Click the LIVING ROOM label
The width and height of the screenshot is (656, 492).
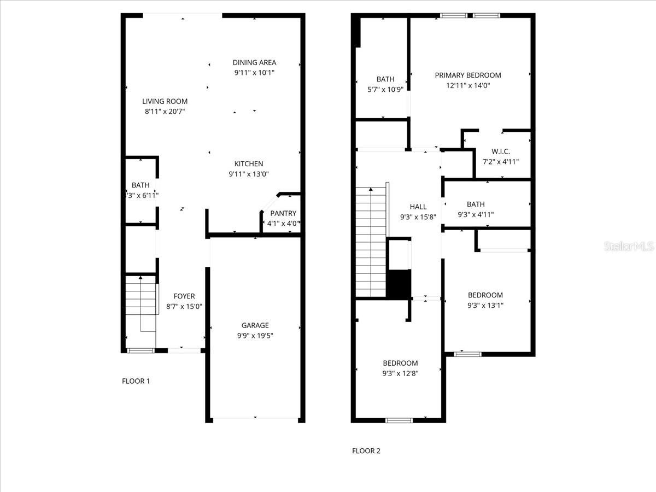coord(165,101)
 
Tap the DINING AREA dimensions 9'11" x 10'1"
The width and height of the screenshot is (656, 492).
coord(254,73)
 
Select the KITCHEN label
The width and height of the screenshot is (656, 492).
coord(249,163)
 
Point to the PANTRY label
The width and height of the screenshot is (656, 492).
coord(283,213)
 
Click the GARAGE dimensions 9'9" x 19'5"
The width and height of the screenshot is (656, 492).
coord(255,336)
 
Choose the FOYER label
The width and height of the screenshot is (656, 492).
coord(184,296)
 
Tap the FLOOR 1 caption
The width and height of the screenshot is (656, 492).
coord(136,381)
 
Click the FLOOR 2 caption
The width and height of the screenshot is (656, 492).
coord(366,451)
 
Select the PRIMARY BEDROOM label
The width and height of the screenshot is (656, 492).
coord(468,75)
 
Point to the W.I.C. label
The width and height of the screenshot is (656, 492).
coord(501,151)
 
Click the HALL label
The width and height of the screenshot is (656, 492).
coord(418,207)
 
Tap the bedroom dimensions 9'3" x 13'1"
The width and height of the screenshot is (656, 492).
coord(485,305)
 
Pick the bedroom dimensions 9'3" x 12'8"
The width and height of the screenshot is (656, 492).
coord(400,373)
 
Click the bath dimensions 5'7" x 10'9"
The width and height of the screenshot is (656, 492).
coord(385,89)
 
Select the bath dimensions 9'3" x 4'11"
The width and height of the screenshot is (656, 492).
coord(476,214)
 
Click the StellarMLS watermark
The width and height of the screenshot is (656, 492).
coord(629,246)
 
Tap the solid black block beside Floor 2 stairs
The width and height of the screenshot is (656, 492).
coord(399,284)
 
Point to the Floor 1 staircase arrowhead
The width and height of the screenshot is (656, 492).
coord(140,278)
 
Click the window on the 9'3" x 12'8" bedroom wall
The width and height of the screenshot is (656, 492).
coord(399,420)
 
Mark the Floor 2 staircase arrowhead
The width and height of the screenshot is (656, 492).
coord(371,189)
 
